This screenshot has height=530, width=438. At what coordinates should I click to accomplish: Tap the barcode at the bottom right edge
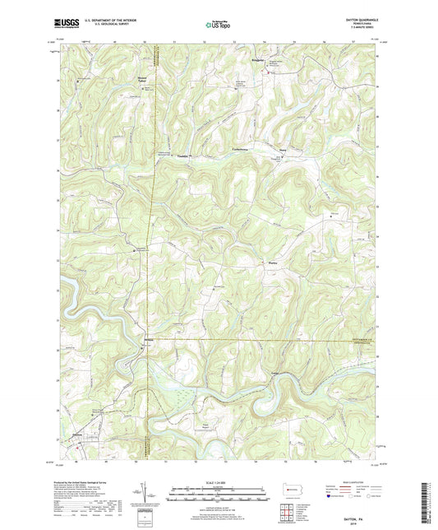tap(429, 503)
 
